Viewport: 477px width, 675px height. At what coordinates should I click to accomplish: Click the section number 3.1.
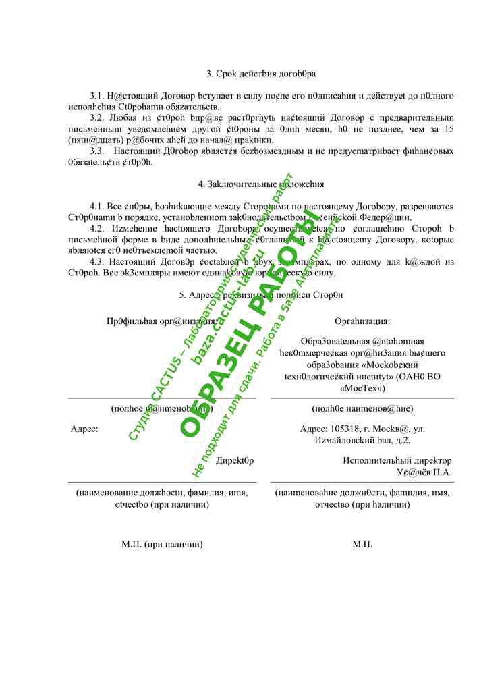click(96, 97)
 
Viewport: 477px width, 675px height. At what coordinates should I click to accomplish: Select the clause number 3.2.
click(96, 118)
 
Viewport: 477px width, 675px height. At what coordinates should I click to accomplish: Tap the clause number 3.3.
click(96, 151)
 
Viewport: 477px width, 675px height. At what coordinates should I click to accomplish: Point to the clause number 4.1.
click(96, 205)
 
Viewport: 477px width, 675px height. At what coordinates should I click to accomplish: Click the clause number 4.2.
click(96, 228)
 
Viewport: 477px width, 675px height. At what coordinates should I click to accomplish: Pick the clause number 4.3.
click(96, 261)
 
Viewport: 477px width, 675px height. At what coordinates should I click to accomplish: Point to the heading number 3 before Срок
click(208, 73)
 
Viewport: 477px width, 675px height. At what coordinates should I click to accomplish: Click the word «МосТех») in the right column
click(362, 388)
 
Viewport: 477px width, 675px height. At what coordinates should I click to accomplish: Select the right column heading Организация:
click(362, 321)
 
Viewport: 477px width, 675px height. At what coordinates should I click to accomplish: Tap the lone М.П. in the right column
click(362, 543)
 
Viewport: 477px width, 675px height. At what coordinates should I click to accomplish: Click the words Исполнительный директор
click(397, 460)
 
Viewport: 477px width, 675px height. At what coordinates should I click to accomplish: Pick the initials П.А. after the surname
click(441, 472)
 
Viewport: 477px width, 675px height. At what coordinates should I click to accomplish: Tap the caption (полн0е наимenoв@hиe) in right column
click(362, 408)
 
